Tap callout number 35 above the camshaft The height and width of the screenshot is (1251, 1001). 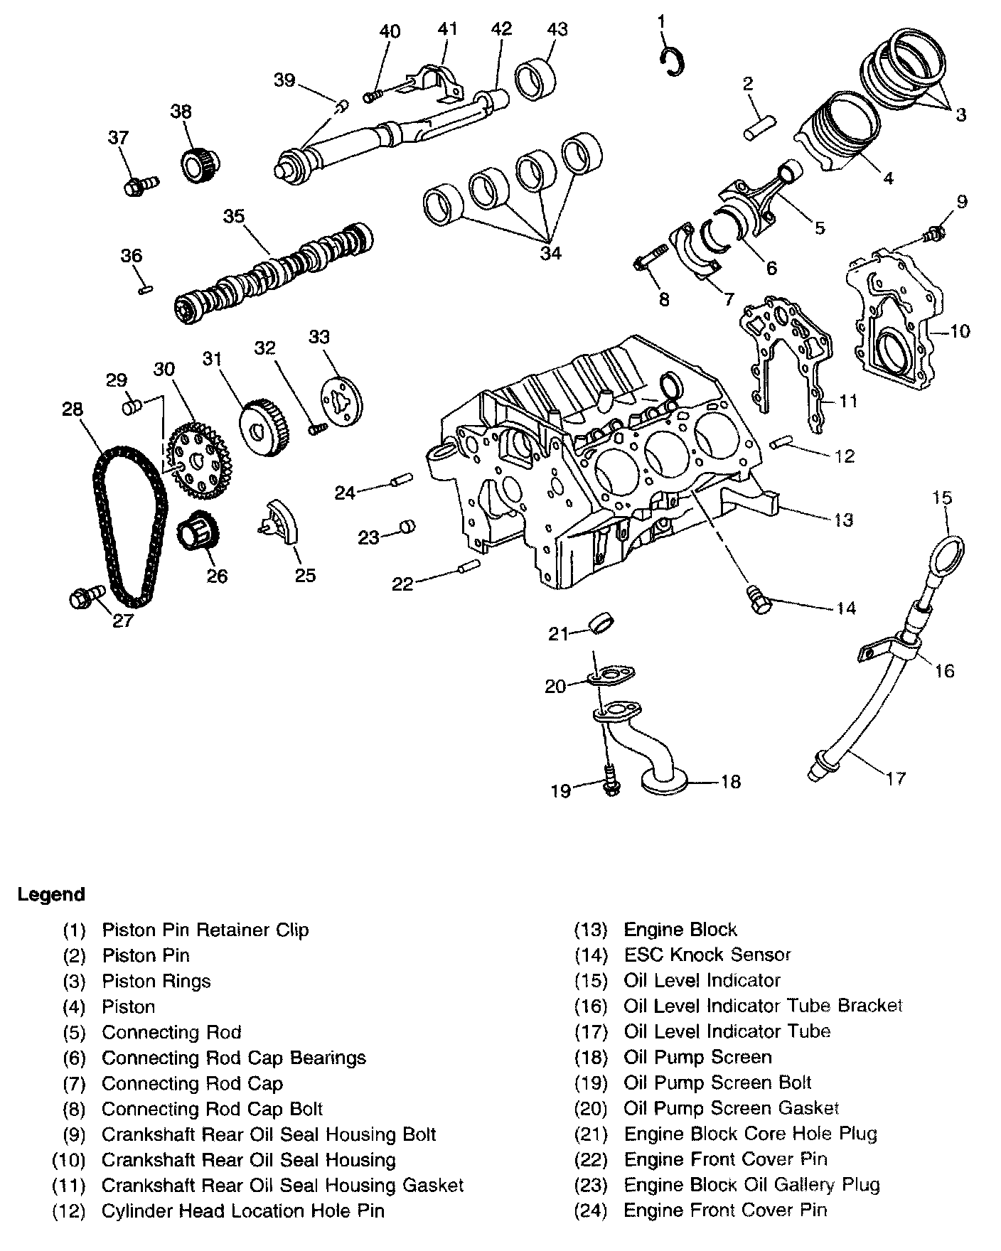coord(234,216)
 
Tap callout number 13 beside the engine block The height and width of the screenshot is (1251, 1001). coord(843,520)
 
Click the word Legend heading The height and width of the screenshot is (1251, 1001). coord(51,894)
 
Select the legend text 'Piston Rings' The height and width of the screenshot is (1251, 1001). coord(156,981)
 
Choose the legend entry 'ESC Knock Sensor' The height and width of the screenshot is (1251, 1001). coord(707,955)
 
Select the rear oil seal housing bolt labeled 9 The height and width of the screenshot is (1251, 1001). coord(936,232)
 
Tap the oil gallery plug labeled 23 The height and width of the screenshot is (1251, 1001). coord(408,527)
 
